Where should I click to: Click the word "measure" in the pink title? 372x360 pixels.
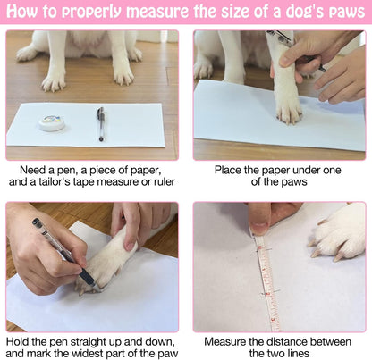(158, 11)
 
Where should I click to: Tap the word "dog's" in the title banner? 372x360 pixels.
(305, 11)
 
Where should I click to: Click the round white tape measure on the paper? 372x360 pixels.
(52, 122)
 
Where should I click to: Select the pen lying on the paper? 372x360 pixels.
(101, 124)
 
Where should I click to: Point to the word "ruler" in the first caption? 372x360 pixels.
(165, 181)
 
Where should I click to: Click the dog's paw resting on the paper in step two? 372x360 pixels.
(288, 105)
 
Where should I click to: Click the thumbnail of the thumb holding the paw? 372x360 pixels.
(131, 246)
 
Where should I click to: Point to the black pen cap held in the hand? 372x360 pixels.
(37, 222)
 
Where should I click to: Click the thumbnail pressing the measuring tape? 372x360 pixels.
(259, 229)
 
